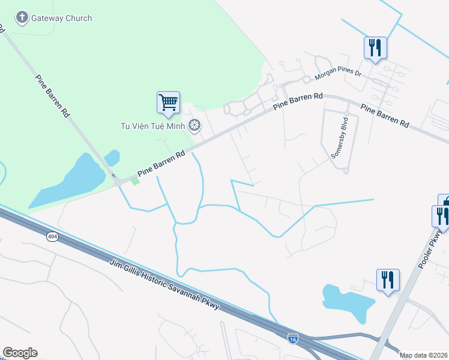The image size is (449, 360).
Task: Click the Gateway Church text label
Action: (x=62, y=18)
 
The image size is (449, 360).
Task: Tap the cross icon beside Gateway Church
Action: (x=22, y=17)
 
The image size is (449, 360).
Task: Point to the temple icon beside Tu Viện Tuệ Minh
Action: (x=194, y=125)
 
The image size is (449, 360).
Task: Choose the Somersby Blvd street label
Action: (x=340, y=142)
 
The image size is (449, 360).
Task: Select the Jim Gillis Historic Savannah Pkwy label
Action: (x=166, y=285)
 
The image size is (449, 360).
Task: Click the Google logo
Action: (x=20, y=353)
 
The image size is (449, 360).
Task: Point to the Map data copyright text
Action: (x=423, y=355)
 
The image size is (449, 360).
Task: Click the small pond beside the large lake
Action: (x=112, y=158)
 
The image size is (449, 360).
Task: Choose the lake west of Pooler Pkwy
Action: (x=348, y=304)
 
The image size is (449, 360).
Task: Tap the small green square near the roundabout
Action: (x=136, y=181)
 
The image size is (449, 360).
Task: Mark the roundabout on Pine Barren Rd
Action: (x=119, y=182)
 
